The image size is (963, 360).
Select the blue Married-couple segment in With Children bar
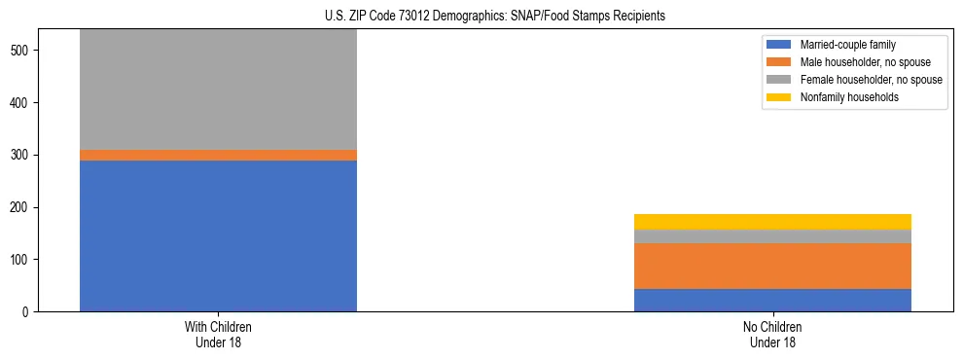pyautogui.click(x=218, y=235)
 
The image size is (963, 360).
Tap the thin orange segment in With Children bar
pyautogui.click(x=218, y=155)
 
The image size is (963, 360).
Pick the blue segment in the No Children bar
pyautogui.click(x=772, y=300)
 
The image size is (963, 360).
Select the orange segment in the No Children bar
pyautogui.click(x=772, y=266)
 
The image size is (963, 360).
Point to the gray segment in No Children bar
pyautogui.click(x=772, y=236)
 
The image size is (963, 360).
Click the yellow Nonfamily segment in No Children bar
pyautogui.click(x=772, y=222)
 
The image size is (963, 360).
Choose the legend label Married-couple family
pyautogui.click(x=847, y=45)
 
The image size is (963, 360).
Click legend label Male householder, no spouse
pyautogui.click(x=865, y=62)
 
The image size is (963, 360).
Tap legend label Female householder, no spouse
pyautogui.click(x=871, y=80)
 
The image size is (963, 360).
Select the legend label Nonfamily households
pyautogui.click(x=849, y=97)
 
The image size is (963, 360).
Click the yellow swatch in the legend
pyautogui.click(x=779, y=97)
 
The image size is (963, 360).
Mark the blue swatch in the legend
pyautogui.click(x=779, y=45)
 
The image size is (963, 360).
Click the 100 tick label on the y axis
pyautogui.click(x=27, y=260)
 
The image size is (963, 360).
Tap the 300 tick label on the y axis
pyautogui.click(x=27, y=155)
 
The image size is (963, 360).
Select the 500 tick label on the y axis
pyautogui.click(x=27, y=51)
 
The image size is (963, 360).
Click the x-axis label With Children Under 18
pyautogui.click(x=218, y=334)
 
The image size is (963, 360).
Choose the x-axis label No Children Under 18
pyautogui.click(x=772, y=334)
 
